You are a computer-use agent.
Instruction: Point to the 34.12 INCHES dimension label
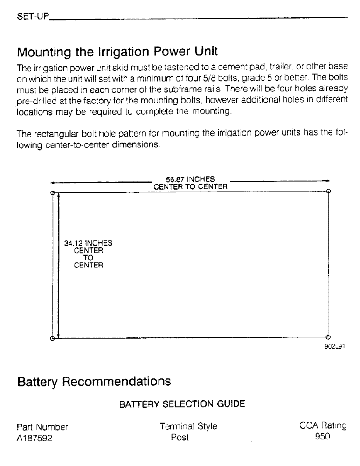click(88, 243)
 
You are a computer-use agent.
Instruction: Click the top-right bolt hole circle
click(328, 191)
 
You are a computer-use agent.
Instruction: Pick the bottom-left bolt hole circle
click(53, 339)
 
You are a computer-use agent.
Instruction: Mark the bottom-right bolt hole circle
click(328, 337)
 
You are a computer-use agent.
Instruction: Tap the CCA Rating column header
click(322, 425)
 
